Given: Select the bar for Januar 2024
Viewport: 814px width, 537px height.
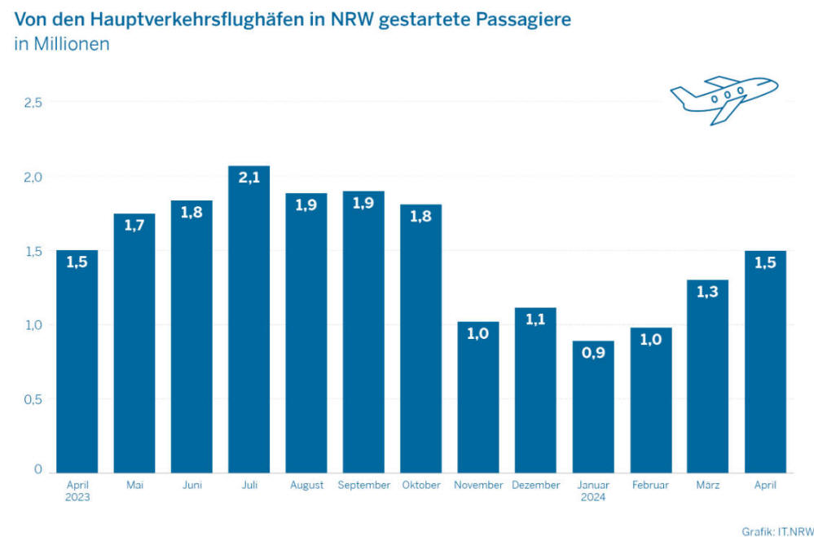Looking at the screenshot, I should pyautogui.click(x=593, y=407).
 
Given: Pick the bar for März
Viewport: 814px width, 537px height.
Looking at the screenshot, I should pyautogui.click(x=708, y=376).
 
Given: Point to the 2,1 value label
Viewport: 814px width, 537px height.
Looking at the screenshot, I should pyautogui.click(x=249, y=178).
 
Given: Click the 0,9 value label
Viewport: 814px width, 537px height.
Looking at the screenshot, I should pyautogui.click(x=593, y=354).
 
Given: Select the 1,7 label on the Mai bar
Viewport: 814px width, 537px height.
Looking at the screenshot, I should pyautogui.click(x=134, y=226).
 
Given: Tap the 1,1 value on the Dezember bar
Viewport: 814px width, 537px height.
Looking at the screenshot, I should pyautogui.click(x=535, y=321).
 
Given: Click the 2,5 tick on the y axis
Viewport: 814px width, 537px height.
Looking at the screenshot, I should pyautogui.click(x=33, y=102).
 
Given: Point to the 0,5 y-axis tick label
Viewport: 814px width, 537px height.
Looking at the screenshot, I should pyautogui.click(x=33, y=399).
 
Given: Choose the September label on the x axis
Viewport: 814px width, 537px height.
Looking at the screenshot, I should pyautogui.click(x=363, y=485).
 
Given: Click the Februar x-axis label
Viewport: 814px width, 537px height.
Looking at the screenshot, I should pyautogui.click(x=650, y=485).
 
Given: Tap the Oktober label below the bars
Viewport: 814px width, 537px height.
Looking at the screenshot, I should pyautogui.click(x=421, y=485).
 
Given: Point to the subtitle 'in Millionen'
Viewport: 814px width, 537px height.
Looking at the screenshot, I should pyautogui.click(x=62, y=44).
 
